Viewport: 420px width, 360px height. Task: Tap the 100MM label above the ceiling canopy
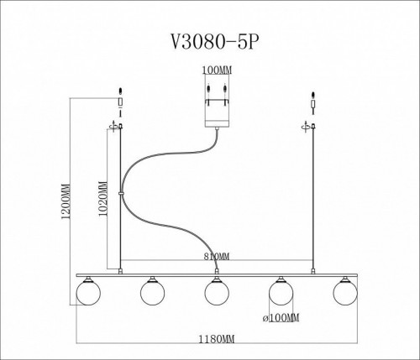click(216, 70)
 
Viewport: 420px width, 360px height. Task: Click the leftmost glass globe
click(87, 292)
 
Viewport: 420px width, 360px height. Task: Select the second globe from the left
click(152, 292)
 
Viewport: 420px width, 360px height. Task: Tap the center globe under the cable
click(217, 292)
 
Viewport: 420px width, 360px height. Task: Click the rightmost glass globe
click(345, 292)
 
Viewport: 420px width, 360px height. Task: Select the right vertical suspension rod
click(313, 201)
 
